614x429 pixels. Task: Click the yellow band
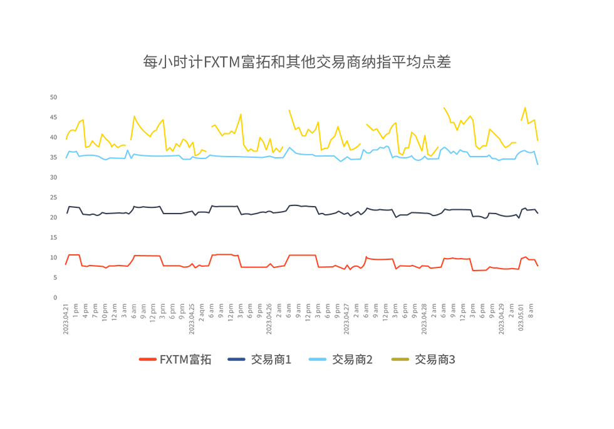(x=301, y=119)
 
